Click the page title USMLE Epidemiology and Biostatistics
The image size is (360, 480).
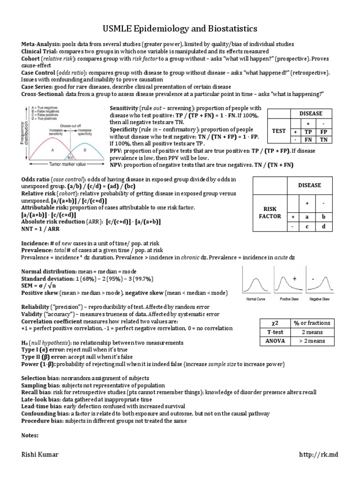pos(180,29)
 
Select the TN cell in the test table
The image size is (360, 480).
pos(323,139)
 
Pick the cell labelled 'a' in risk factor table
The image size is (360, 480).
pos(307,217)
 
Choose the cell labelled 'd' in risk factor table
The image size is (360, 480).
pos(323,227)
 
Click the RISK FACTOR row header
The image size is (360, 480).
pos(270,213)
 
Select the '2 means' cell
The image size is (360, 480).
pos(312,332)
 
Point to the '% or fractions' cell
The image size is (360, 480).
pos(312,323)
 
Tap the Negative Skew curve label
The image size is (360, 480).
pos(319,299)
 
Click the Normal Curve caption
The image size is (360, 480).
pos(255,299)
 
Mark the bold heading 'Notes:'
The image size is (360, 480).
pos(30,435)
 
